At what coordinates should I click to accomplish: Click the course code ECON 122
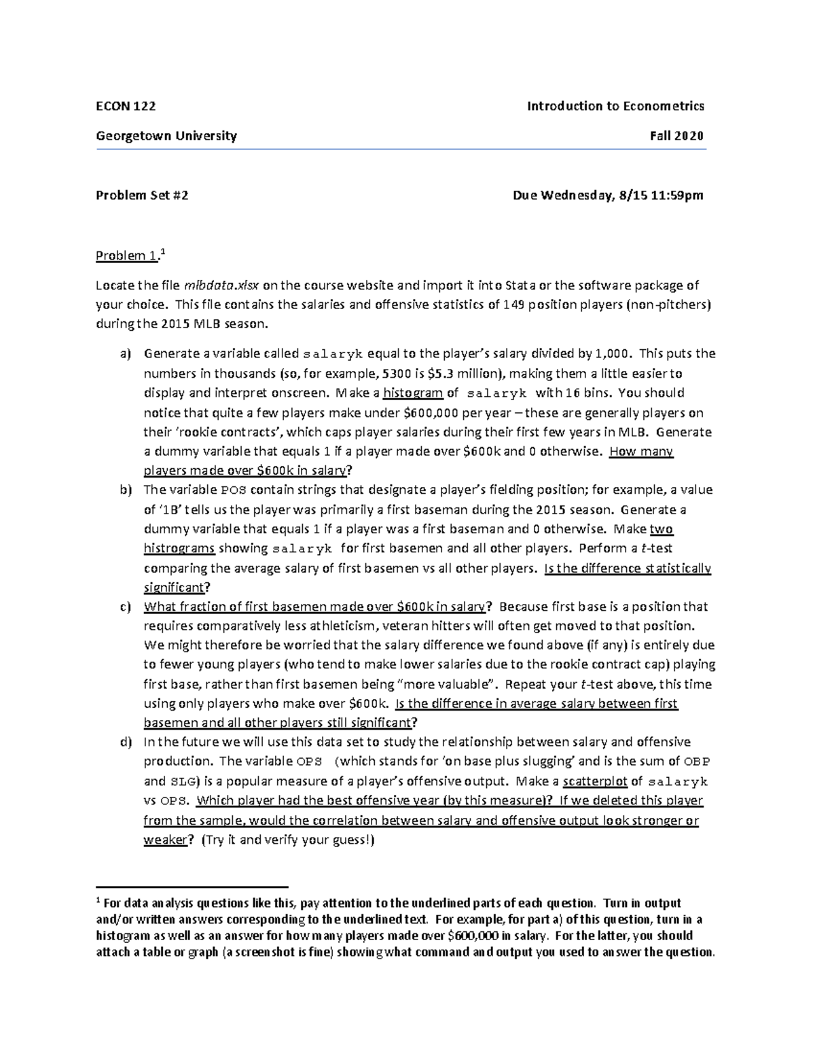(126, 106)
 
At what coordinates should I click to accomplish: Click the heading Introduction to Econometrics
(616, 106)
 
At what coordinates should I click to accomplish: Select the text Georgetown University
(166, 136)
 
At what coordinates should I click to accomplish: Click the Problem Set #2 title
(142, 196)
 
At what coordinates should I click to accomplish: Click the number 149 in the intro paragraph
(513, 305)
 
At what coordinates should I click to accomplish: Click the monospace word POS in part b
(230, 490)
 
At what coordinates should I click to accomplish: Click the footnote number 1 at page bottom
(98, 901)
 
